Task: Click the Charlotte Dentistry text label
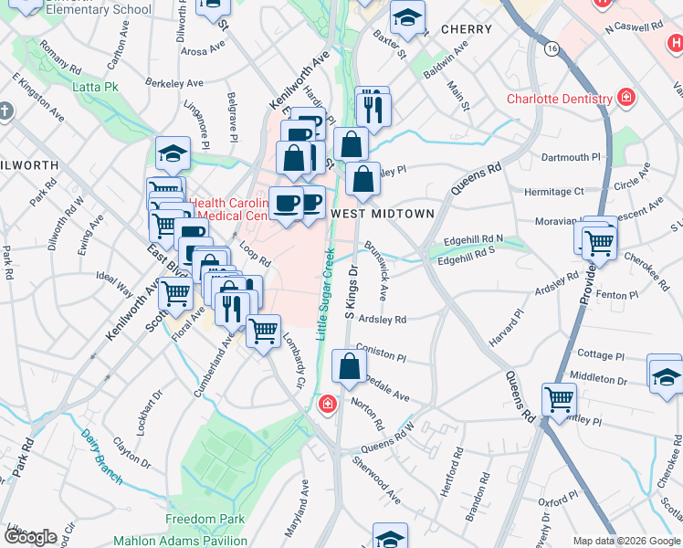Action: [x=561, y=99]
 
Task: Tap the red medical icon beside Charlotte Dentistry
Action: [x=626, y=98]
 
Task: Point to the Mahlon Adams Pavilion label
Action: [x=180, y=541]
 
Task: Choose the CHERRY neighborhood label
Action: [x=466, y=29]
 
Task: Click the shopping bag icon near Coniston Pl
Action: [x=350, y=367]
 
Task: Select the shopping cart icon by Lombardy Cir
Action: [x=264, y=331]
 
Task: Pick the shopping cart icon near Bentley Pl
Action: [x=559, y=399]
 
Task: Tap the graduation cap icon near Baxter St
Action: [x=407, y=16]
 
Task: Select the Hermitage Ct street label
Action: [x=553, y=192]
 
